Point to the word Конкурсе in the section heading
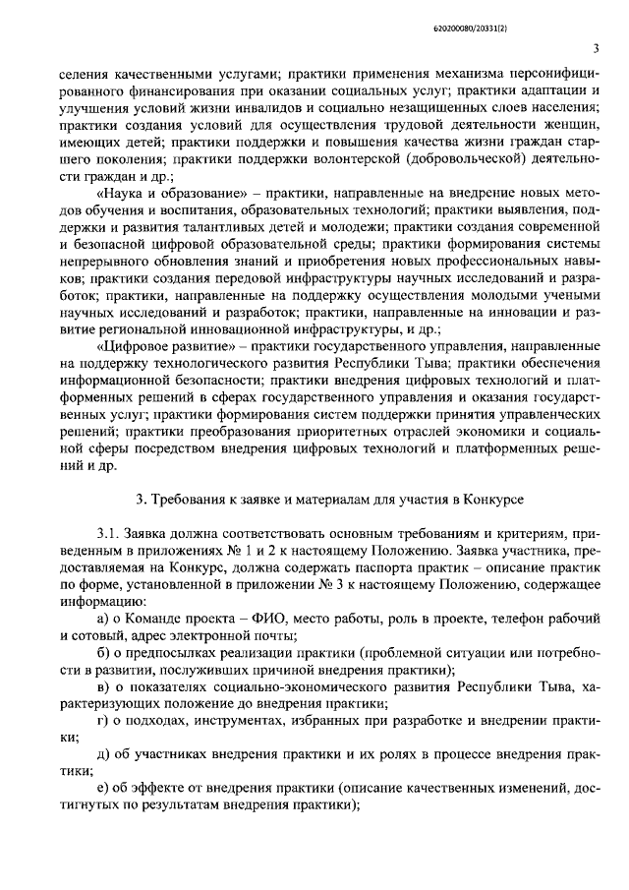click(483, 501)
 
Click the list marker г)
click(103, 724)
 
